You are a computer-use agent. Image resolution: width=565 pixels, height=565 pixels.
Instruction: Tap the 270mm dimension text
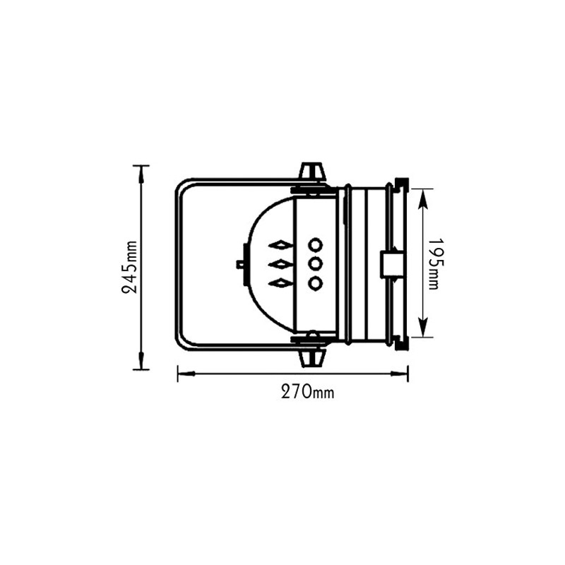click(x=304, y=393)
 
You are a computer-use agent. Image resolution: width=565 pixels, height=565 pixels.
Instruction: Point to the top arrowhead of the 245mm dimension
click(x=141, y=172)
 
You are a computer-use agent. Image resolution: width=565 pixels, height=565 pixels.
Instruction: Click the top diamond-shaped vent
click(x=280, y=245)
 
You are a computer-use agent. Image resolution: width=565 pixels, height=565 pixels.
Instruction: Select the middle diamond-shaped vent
click(x=280, y=264)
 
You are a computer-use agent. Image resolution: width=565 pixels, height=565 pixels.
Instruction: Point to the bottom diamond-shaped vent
click(x=280, y=283)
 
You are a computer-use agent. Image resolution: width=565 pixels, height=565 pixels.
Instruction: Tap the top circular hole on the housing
click(x=315, y=245)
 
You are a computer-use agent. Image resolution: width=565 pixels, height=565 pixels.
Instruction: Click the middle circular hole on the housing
click(x=315, y=264)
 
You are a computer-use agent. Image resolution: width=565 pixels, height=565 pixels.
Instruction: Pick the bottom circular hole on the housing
click(x=315, y=283)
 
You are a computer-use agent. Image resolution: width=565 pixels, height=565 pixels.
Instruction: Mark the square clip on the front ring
click(x=391, y=264)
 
